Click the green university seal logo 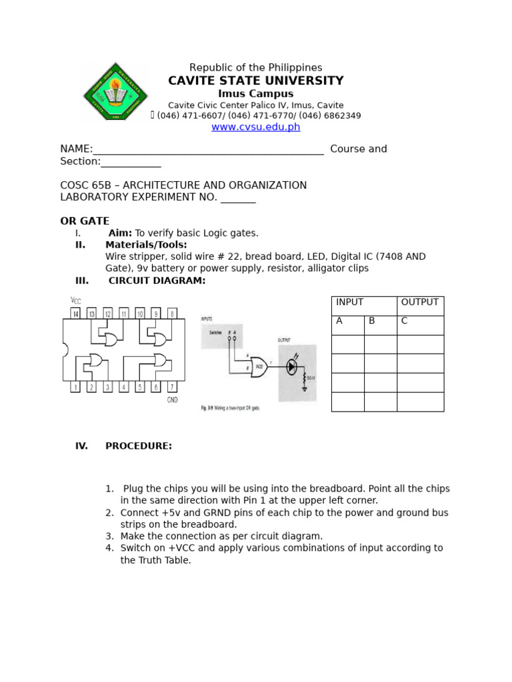(x=116, y=91)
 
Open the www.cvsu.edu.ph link (x=256, y=127)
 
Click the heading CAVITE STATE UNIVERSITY (x=256, y=81)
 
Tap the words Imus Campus (x=256, y=94)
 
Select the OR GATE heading (x=85, y=221)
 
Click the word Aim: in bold (x=120, y=233)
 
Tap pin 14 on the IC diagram (x=75, y=313)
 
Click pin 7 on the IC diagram (x=172, y=387)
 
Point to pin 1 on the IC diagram (x=75, y=387)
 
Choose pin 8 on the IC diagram (x=172, y=313)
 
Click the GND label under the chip (x=172, y=400)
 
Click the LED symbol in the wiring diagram (x=292, y=366)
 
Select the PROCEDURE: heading (x=139, y=446)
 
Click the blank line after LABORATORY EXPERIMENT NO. (x=238, y=198)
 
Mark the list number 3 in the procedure (x=109, y=536)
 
